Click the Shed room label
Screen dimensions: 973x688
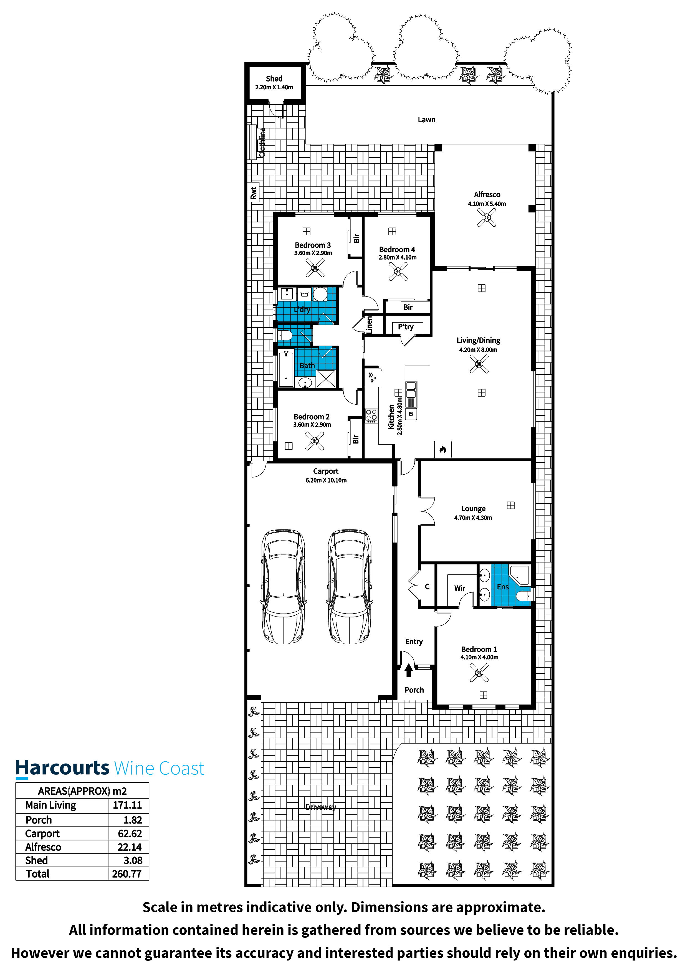[x=274, y=79]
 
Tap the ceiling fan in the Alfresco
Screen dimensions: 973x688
[x=487, y=218]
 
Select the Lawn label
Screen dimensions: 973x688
[x=426, y=120]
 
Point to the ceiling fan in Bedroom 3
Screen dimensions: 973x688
[x=315, y=268]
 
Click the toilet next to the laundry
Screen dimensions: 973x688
[x=285, y=336]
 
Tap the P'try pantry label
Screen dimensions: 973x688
[x=406, y=327]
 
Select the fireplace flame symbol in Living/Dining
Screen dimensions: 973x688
[x=442, y=450]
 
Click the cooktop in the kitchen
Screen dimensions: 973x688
[x=371, y=415]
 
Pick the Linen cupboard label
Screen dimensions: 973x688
[x=369, y=325]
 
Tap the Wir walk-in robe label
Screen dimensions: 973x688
[x=459, y=588]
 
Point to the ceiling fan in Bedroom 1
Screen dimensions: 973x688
[x=479, y=673]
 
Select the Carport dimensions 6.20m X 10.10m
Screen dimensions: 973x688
[x=326, y=480]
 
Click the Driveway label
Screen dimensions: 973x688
[x=321, y=807]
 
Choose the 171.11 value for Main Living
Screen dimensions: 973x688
[x=127, y=805]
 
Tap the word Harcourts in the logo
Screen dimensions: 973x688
[x=62, y=768]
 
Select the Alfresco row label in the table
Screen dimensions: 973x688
[x=43, y=847]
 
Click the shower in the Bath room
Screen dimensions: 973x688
[x=326, y=378]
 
